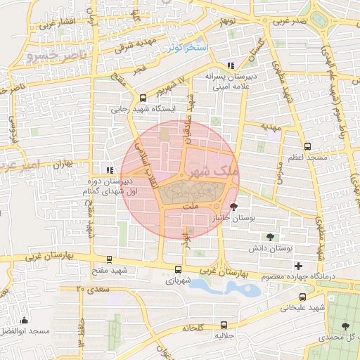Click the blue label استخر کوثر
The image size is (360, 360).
point(187,48)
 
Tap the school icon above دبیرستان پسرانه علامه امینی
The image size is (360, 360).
point(231,65)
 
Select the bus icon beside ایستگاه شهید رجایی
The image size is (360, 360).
point(143,98)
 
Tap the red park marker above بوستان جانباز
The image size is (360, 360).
point(234,207)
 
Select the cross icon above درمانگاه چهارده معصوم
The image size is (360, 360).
point(299,266)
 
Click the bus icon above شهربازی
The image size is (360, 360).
point(177,269)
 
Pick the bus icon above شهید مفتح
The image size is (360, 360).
point(108,259)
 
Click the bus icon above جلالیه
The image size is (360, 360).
point(224,325)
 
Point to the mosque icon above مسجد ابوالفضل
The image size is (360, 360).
point(24,320)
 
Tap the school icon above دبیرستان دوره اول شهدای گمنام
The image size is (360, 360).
point(108,169)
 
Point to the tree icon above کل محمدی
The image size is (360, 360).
point(345,326)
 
